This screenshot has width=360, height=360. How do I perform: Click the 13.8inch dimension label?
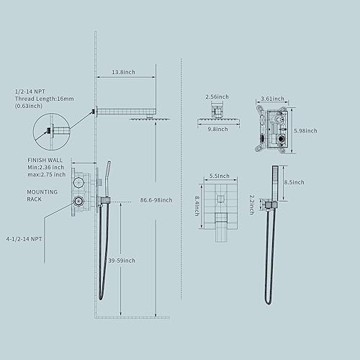[x=125, y=73]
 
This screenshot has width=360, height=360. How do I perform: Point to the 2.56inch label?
[x=216, y=96]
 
